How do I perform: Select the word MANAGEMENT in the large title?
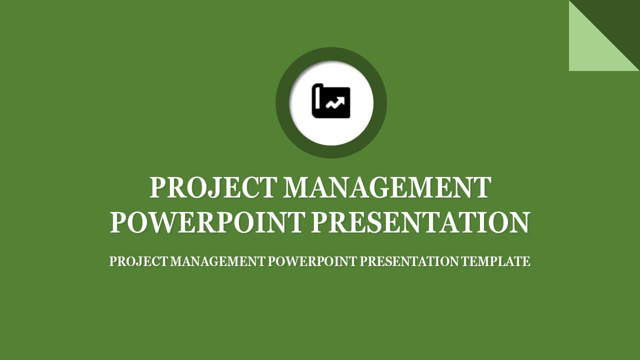tap(387, 188)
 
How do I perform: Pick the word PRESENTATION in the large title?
tap(420, 222)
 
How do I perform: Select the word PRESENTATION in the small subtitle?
tap(409, 261)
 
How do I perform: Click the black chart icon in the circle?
tap(331, 101)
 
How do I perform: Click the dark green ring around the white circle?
tap(282, 102)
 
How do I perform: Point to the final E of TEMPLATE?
tap(526, 261)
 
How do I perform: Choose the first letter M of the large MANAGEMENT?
tap(297, 188)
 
